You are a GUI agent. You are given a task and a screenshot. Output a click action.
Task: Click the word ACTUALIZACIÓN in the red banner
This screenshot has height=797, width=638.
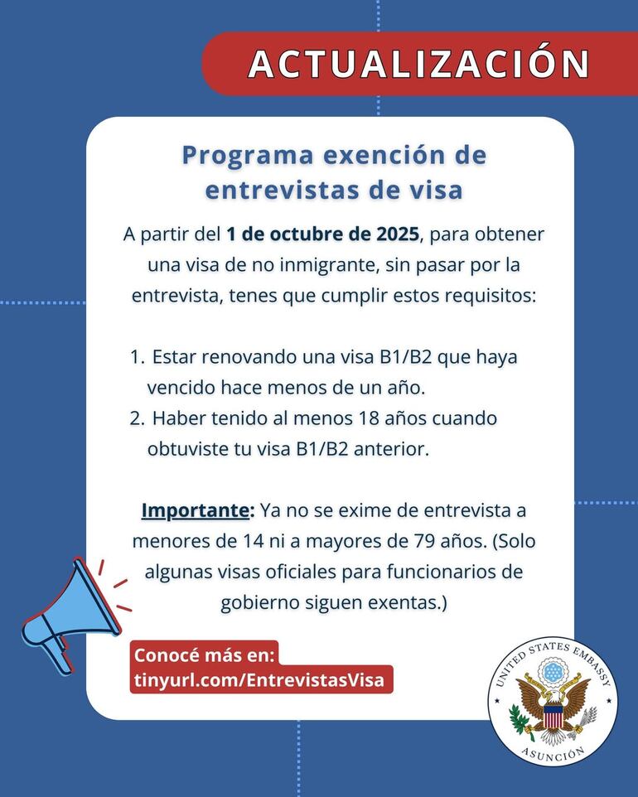(x=419, y=64)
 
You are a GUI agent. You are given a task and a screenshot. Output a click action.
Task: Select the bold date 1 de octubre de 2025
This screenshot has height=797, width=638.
(x=323, y=234)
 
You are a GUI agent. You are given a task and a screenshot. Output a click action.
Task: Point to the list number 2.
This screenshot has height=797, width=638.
(x=137, y=418)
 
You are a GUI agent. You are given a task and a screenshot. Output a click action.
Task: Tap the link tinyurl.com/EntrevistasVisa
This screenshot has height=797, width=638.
(x=259, y=680)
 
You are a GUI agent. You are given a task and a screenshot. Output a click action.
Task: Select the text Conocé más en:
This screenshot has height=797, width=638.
(x=204, y=655)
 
